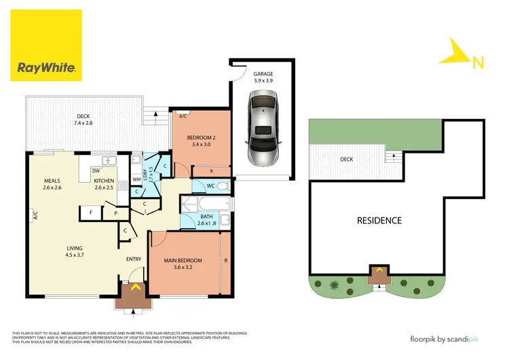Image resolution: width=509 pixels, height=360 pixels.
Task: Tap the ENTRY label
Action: click(x=133, y=259)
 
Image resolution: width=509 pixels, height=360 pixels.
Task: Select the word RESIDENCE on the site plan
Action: click(x=379, y=220)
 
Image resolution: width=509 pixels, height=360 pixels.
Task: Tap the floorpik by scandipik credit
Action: click(x=448, y=338)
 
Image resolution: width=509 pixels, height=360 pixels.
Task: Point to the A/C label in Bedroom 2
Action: click(x=183, y=116)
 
